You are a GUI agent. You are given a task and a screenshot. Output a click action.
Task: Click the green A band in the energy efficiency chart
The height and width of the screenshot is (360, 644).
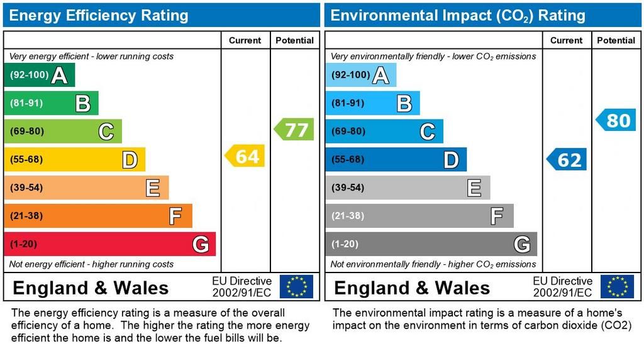[x=39, y=75]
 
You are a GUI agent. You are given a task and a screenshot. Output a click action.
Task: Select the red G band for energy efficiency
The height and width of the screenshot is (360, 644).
[x=109, y=244]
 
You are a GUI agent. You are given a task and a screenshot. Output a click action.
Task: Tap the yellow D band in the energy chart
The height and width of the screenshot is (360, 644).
[x=74, y=159]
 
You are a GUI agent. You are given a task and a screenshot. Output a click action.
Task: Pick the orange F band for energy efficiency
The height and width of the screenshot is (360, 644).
[x=97, y=216]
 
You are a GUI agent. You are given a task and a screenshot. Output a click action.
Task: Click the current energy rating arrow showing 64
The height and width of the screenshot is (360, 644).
[x=245, y=156]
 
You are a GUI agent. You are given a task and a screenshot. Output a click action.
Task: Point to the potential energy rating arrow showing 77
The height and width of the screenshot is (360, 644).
[x=294, y=130]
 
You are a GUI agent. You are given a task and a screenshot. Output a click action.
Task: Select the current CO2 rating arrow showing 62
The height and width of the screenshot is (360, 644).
[x=567, y=160]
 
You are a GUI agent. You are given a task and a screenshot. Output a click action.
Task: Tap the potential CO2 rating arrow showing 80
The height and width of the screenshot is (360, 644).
[x=616, y=120]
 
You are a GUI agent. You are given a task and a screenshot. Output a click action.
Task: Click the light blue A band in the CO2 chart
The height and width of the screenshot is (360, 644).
[x=361, y=75]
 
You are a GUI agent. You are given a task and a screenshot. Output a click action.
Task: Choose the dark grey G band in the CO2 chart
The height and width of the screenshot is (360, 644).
[x=431, y=244]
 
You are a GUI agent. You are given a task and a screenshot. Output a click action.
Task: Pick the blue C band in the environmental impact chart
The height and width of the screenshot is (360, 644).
[x=384, y=131]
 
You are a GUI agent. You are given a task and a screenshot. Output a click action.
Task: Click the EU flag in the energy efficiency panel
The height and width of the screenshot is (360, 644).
[x=296, y=286]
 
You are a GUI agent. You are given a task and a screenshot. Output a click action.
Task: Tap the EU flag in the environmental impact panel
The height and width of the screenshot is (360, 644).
[x=617, y=286]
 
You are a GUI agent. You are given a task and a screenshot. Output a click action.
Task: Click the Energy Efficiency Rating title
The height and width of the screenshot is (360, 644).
[x=99, y=15]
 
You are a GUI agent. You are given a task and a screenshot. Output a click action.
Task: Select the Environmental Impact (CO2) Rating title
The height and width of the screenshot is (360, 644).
[x=458, y=15]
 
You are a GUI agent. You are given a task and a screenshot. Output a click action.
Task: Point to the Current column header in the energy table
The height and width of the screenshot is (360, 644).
[x=245, y=40]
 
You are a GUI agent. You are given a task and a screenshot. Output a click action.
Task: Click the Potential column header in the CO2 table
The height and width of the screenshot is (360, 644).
[x=616, y=40]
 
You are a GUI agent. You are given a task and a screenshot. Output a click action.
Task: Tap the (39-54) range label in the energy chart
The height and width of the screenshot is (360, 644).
[x=26, y=188]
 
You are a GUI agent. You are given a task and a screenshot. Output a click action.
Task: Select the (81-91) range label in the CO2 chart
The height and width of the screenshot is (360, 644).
[x=348, y=103]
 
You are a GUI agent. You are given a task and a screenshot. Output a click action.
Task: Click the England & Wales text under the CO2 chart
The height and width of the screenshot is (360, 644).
[x=412, y=288]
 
